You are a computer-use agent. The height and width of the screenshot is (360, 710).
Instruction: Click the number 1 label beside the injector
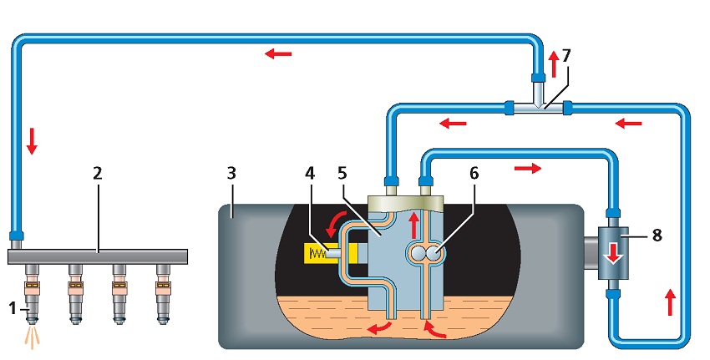coord(13,309)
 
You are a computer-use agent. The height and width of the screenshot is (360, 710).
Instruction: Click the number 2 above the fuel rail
coord(98,174)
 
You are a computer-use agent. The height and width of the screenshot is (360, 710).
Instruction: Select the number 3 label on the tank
coord(231,174)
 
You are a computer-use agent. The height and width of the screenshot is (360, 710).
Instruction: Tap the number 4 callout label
coord(310,174)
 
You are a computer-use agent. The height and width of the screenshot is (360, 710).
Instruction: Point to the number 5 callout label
coord(342,174)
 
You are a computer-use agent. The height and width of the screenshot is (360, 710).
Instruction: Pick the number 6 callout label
coord(474,174)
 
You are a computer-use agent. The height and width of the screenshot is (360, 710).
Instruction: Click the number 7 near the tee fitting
coord(566,56)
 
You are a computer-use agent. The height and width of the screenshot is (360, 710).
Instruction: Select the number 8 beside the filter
coord(657,236)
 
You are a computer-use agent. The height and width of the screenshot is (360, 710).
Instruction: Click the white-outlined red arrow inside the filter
coord(614,254)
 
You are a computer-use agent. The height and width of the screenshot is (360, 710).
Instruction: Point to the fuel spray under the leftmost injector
coord(31,337)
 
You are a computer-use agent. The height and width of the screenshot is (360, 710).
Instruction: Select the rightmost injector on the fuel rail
coord(163,294)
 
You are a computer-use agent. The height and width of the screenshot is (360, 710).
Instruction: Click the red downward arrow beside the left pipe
coord(32,141)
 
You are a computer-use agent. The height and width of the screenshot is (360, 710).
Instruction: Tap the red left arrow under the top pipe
coord(278,54)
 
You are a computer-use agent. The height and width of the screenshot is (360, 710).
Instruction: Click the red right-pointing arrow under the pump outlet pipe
coord(528,169)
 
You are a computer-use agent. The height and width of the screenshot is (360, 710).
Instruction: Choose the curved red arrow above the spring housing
coord(337,222)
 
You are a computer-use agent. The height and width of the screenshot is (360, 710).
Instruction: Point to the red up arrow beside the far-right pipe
coord(670,303)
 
